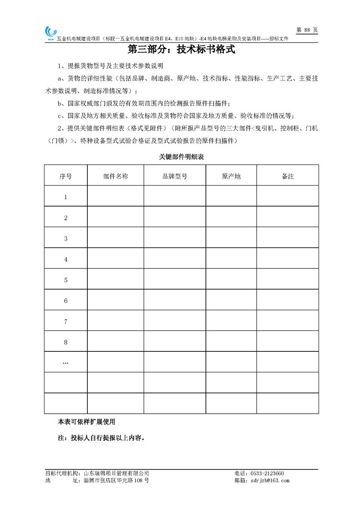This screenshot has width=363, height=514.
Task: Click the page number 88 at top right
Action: point(307,30)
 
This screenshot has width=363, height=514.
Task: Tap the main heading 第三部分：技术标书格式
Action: point(181,49)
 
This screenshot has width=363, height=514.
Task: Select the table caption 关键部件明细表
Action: point(181,157)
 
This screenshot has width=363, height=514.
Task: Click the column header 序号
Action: point(65,176)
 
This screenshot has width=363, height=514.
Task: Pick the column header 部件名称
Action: point(115,176)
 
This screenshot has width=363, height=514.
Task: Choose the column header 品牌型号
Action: point(175,176)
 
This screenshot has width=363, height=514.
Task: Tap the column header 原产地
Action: point(231,176)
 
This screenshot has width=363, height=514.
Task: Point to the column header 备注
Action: point(287,176)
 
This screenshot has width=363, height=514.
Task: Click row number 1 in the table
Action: point(65,197)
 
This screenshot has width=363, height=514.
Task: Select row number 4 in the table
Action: point(65,259)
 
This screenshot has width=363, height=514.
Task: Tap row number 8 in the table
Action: point(65,342)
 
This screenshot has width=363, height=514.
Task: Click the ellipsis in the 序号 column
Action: point(65,362)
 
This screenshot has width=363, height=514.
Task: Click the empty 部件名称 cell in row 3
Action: point(115,239)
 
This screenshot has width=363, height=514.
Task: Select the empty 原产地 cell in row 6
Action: point(231,301)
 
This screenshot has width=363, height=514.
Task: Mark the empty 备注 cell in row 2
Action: point(287,218)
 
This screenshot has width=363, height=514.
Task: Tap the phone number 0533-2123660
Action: point(265,473)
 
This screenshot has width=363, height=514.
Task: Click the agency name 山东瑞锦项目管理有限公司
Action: point(117,473)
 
